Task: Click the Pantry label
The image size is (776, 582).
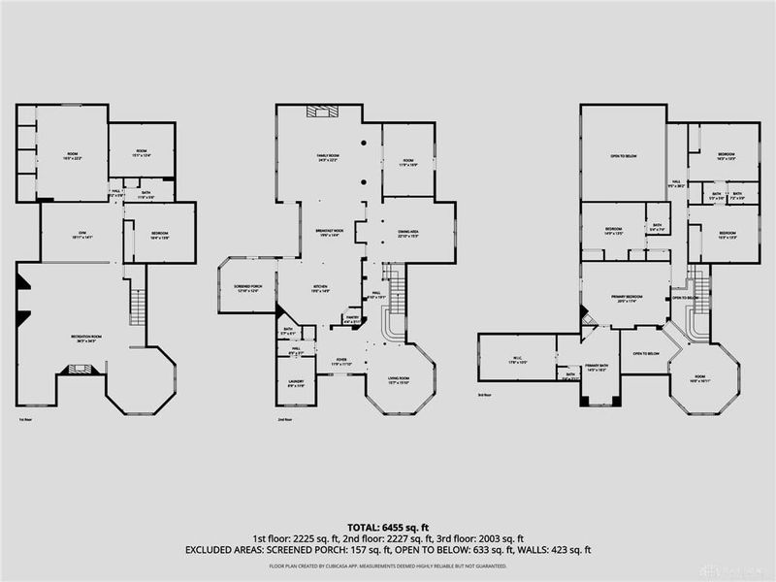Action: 351,319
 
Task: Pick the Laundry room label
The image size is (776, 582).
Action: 296,383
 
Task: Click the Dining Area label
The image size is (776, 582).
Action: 407,233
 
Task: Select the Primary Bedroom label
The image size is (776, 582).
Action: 625,300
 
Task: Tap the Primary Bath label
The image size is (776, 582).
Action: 597,368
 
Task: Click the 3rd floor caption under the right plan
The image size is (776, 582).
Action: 485,396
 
